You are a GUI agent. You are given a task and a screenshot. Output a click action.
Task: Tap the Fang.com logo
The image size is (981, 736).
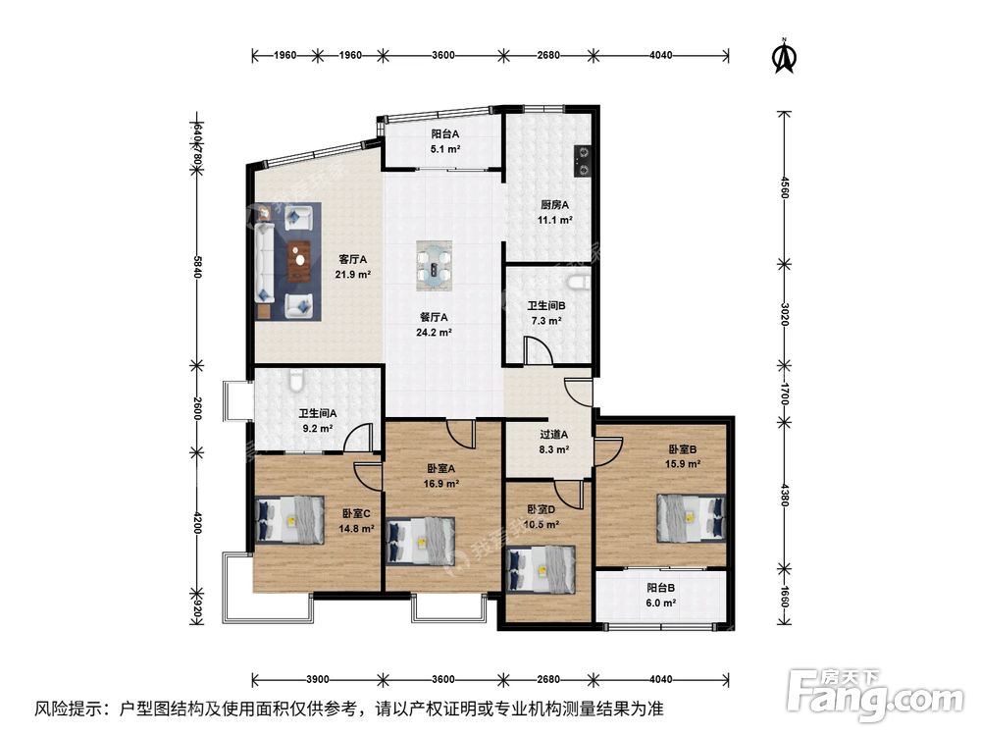(x=876, y=695)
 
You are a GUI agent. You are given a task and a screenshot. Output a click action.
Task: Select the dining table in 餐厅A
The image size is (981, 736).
(x=435, y=265)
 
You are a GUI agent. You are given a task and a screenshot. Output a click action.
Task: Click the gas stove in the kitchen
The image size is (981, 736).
(x=583, y=160)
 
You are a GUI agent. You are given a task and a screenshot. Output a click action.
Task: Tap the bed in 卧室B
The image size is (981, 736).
(x=691, y=517)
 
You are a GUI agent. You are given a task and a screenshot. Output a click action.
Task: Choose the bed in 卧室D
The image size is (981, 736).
(x=542, y=569)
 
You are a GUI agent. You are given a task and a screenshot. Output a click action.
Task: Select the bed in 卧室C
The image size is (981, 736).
(x=289, y=519)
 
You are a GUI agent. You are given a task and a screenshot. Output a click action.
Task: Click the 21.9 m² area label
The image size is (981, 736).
(x=353, y=274)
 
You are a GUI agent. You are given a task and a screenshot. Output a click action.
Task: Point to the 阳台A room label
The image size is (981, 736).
(x=445, y=133)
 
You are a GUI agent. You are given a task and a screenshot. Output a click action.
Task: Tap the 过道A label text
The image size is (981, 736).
(x=554, y=435)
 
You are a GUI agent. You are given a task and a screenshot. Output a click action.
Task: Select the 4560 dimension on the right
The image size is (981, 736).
(x=785, y=185)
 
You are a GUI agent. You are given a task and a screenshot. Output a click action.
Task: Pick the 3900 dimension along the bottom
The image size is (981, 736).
(x=317, y=680)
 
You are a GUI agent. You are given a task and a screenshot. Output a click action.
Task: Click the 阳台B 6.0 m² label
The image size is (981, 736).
(x=661, y=596)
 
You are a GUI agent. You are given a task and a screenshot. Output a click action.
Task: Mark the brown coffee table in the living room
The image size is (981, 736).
(x=299, y=261)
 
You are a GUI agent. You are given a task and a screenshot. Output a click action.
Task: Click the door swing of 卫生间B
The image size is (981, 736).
(x=538, y=349)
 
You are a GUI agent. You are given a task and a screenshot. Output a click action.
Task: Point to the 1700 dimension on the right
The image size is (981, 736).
(x=785, y=394)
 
